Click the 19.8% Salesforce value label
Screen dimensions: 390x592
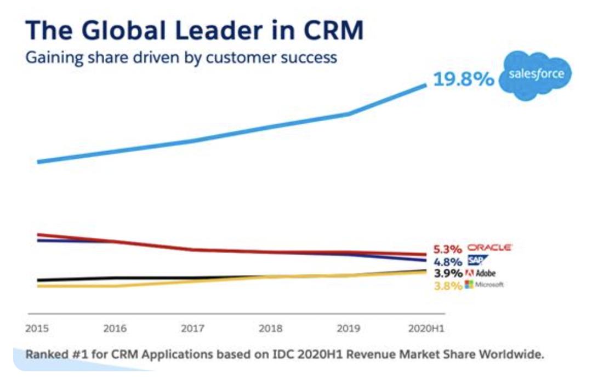coord(464,80)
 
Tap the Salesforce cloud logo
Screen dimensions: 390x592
coord(535,75)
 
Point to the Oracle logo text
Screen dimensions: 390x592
coord(489,248)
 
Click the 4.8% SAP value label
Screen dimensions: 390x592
coord(448,261)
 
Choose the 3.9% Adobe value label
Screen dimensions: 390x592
coord(447,273)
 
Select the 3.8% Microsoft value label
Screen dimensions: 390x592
coord(447,285)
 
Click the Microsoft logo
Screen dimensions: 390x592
coord(483,284)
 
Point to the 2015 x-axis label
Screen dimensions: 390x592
coord(37,329)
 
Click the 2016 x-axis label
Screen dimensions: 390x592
coord(115,329)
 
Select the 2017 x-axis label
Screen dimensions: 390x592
coord(192,329)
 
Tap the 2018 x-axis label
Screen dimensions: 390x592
coord(271,329)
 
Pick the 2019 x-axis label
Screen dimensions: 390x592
coord(349,329)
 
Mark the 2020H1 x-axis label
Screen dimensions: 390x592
coord(426,329)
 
